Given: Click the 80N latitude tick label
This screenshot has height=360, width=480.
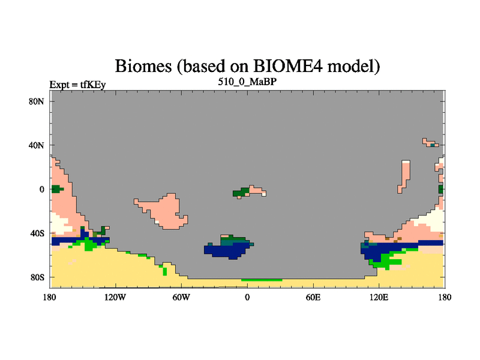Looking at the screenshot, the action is tap(36, 101).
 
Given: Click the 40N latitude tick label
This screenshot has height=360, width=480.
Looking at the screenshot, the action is tap(36, 145).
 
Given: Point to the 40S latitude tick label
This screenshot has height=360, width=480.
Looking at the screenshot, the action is tap(37, 233).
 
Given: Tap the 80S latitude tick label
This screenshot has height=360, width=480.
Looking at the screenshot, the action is tap(37, 277).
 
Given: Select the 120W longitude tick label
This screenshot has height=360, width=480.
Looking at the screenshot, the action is tap(115, 297).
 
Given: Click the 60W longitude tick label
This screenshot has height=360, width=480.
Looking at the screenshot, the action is tap(181, 297).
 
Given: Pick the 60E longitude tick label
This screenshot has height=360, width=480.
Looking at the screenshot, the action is tap(313, 297).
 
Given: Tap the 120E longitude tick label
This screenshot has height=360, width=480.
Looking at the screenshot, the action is tap(379, 297).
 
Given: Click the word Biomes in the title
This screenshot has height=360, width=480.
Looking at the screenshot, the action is tap(143, 66).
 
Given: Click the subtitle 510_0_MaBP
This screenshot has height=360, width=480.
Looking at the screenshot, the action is tap(247, 82).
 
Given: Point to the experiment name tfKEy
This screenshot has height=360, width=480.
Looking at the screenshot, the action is tap(93, 85).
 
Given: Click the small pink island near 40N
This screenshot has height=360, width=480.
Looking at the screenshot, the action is tap(430, 143).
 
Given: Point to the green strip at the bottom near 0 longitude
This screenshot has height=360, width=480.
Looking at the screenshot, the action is tap(262, 280).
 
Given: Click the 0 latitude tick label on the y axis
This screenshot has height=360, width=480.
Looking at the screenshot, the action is tap(41, 190).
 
